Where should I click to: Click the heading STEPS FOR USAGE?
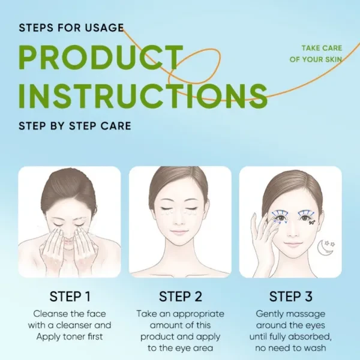tap(71, 28)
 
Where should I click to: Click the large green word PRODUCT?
tap(101, 58)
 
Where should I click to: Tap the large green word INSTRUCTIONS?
tap(143, 96)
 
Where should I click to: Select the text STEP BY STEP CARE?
tap(75, 126)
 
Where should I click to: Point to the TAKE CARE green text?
tap(322, 48)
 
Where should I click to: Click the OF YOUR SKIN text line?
tap(316, 59)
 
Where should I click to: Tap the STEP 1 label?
tap(70, 296)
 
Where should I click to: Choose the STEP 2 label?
tap(181, 296)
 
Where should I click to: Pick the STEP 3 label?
tap(290, 296)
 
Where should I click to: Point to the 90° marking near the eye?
tap(312, 222)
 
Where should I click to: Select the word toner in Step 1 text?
tap(71, 337)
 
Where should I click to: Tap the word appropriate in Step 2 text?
tap(199, 314)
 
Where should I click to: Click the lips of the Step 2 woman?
tap(180, 232)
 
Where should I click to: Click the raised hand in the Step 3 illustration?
tap(262, 239)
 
